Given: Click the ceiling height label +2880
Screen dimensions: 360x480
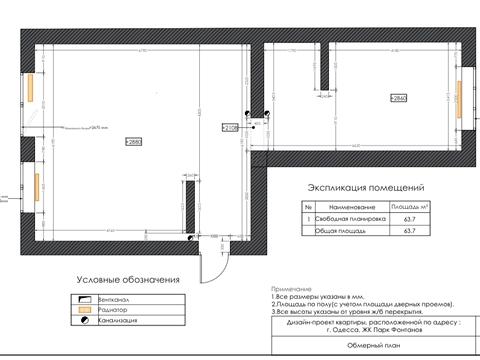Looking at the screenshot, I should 134,143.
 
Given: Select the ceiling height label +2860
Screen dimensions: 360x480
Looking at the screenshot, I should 399,99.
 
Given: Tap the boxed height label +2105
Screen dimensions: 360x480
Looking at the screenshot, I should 229,128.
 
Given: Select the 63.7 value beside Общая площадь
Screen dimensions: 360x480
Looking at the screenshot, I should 408,230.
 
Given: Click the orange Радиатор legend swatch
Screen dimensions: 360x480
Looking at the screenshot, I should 81,310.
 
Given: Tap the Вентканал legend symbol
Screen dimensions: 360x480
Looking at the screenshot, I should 81,299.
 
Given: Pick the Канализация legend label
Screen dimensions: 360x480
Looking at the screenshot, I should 119,321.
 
